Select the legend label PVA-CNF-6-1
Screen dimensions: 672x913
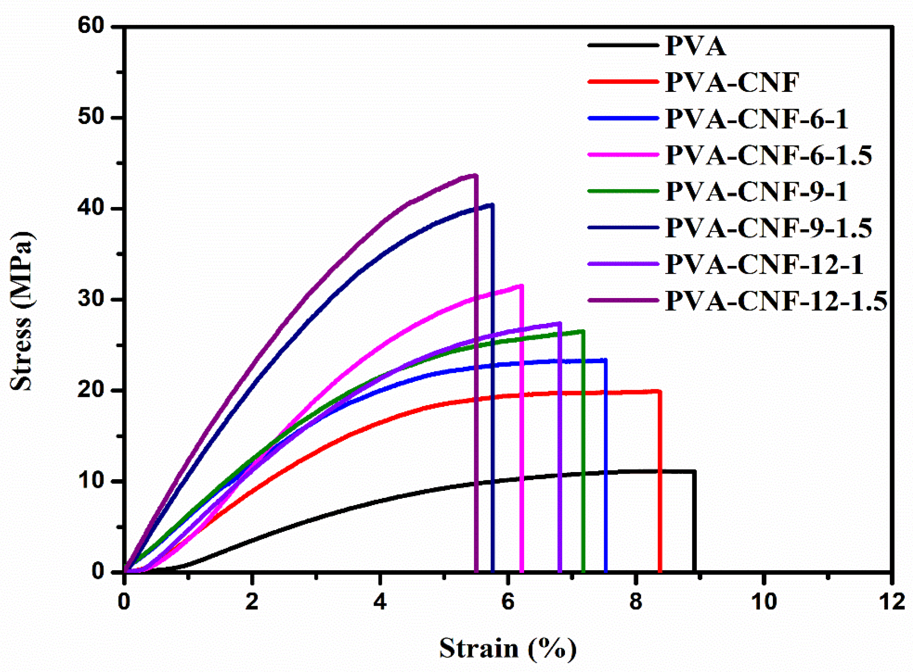pos(757,119)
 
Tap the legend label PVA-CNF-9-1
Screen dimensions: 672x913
pos(757,192)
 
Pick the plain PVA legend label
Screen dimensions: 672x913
pos(696,46)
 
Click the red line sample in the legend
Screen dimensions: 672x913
pos(623,82)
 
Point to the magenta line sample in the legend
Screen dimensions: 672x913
pos(623,154)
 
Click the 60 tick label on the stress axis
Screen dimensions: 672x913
pos(91,26)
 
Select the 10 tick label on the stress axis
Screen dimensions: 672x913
pos(91,481)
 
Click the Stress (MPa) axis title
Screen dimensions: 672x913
pos(21,311)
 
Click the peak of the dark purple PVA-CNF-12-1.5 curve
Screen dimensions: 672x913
pos(476,176)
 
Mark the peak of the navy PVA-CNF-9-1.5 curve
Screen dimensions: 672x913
pos(492,205)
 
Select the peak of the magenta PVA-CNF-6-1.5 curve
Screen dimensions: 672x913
pos(522,285)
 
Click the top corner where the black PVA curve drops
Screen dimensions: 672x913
pos(694,471)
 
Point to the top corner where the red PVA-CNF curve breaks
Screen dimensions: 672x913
pos(660,391)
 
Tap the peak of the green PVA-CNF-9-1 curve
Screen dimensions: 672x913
pos(583,331)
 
